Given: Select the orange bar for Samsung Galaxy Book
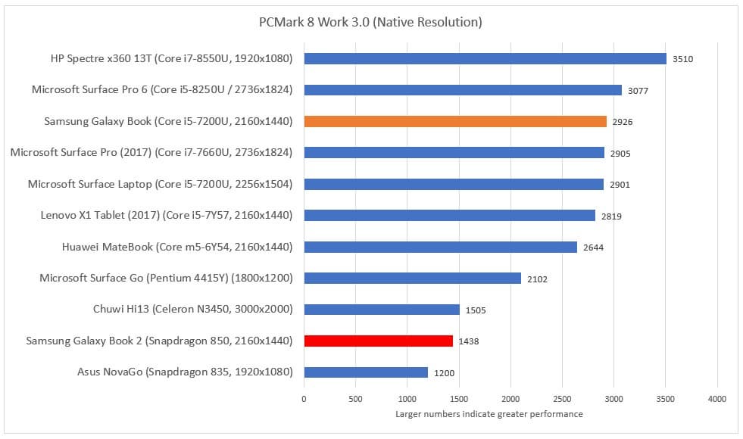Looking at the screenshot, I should (x=455, y=121).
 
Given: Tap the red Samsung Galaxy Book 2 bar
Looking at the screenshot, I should (x=378, y=341).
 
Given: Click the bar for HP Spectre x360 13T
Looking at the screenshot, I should (x=485, y=58).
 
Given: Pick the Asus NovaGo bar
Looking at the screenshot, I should (x=366, y=372).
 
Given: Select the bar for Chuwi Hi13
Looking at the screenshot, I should (x=382, y=309).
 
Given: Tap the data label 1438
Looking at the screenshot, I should (x=469, y=341).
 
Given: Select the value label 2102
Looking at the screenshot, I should (x=537, y=279).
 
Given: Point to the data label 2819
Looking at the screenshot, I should (x=611, y=216).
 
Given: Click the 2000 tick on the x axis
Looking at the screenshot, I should (x=510, y=398).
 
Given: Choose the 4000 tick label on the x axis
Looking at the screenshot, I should (x=716, y=398).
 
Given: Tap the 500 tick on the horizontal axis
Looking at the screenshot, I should (x=355, y=398).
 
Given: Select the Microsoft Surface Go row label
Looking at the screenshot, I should (x=166, y=278).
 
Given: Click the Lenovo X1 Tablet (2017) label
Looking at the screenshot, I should (x=167, y=215).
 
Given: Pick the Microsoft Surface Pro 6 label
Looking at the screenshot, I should (x=162, y=89).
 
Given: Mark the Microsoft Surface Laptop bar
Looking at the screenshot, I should (x=454, y=184).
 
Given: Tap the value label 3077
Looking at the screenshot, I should (x=638, y=91).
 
